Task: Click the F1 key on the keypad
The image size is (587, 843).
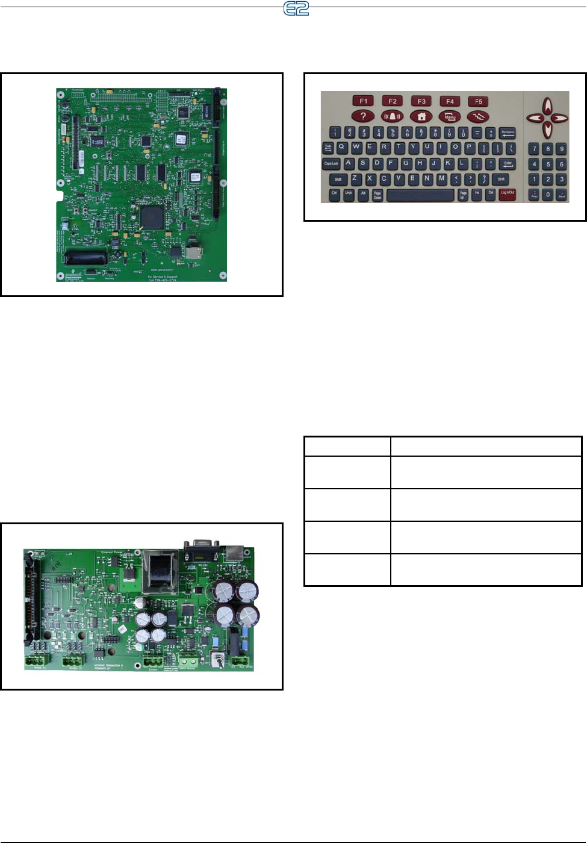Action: click(x=363, y=101)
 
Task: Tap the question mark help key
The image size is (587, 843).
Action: click(x=363, y=116)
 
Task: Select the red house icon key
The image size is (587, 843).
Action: click(x=421, y=116)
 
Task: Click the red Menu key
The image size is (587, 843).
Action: click(x=450, y=116)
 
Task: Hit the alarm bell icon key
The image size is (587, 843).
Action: click(x=392, y=116)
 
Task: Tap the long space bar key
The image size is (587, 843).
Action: click(x=420, y=195)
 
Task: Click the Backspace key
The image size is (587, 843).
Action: click(x=508, y=133)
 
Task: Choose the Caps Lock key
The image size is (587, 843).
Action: click(x=331, y=163)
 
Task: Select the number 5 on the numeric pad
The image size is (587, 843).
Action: click(x=548, y=164)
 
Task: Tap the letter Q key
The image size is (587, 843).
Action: click(x=342, y=147)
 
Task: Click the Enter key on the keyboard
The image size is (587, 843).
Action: click(x=508, y=163)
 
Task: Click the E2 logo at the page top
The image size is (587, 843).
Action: click(x=296, y=8)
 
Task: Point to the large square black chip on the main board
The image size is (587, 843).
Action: click(x=151, y=217)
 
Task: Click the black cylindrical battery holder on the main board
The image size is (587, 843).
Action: click(x=86, y=258)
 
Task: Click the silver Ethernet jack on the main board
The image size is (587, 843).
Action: click(x=194, y=252)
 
